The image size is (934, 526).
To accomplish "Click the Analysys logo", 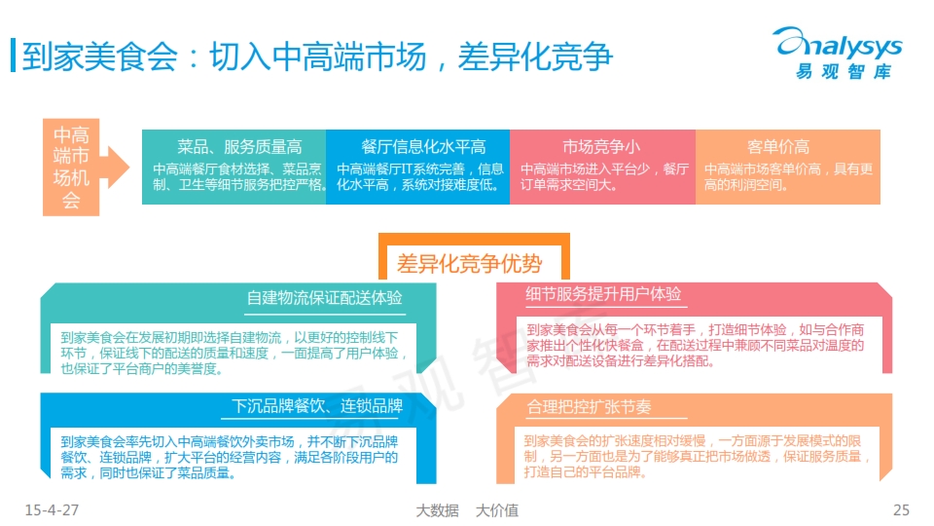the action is (838, 53).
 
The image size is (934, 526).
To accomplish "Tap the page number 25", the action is (901, 509).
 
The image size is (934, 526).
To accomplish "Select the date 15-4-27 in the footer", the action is (52, 509).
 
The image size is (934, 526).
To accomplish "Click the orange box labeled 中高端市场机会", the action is (71, 167).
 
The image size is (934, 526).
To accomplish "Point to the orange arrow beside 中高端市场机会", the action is (115, 167).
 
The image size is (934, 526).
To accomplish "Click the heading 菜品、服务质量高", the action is (239, 147).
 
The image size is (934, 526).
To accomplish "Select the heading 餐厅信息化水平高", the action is (423, 147).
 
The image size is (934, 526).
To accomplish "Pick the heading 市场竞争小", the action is (601, 147).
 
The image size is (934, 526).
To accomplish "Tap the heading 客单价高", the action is (778, 147).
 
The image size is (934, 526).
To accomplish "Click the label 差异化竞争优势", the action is (469, 264).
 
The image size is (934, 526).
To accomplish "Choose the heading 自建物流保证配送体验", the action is (325, 298).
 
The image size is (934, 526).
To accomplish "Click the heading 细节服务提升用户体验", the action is (603, 294).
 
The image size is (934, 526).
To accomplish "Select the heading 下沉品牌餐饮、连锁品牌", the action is (317, 406).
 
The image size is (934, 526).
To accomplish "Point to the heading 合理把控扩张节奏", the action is (589, 407).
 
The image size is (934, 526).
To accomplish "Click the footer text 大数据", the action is (437, 510).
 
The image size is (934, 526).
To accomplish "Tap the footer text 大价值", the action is (497, 510).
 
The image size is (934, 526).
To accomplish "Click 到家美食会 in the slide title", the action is (99, 56).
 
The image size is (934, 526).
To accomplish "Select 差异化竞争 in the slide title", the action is (535, 56).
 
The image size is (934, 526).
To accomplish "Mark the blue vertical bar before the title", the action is (13, 56).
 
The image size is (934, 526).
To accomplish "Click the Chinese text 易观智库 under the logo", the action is (844, 71).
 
